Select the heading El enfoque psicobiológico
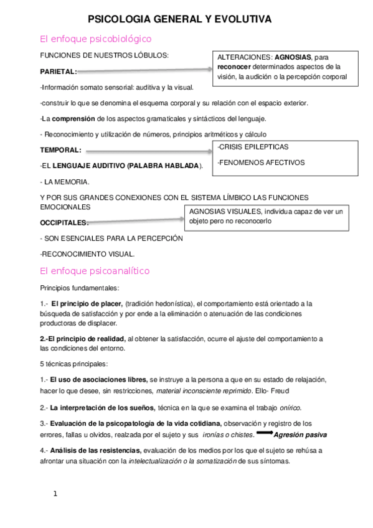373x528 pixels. pos(86,39)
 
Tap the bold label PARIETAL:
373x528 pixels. pos(58,72)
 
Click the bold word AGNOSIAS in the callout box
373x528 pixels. pos(295,57)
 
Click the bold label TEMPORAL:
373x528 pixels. pos(60,150)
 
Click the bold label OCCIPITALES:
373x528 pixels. pos(64,222)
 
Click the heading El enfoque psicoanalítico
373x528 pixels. pos(85,271)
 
